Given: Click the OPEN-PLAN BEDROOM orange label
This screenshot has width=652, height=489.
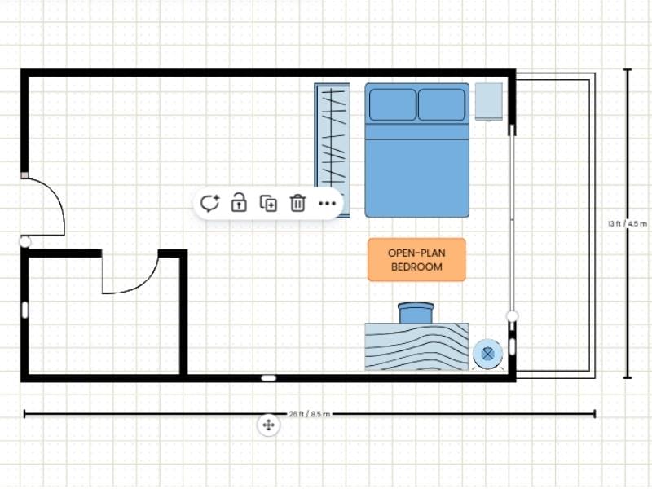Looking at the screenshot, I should (416, 260).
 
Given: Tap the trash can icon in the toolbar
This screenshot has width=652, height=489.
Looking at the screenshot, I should (298, 203).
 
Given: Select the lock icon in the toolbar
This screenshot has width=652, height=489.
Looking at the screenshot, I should (239, 203).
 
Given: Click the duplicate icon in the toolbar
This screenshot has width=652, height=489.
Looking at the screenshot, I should (268, 203).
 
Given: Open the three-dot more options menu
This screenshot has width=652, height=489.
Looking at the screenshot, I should (327, 203).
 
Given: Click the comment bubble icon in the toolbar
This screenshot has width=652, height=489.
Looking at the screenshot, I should (210, 203).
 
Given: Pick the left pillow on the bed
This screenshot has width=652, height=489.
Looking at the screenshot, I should (393, 104).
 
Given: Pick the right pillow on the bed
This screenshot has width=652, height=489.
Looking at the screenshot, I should (442, 104).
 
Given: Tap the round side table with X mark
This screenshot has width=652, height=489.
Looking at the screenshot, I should (487, 354).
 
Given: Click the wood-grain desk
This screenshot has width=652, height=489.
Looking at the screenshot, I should (416, 347).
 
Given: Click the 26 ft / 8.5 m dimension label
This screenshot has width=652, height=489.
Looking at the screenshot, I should (310, 414).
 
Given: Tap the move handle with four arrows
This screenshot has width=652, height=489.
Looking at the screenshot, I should (268, 425).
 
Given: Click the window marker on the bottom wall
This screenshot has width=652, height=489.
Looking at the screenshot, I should (268, 377).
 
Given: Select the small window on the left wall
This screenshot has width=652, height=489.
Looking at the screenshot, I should (25, 310).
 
